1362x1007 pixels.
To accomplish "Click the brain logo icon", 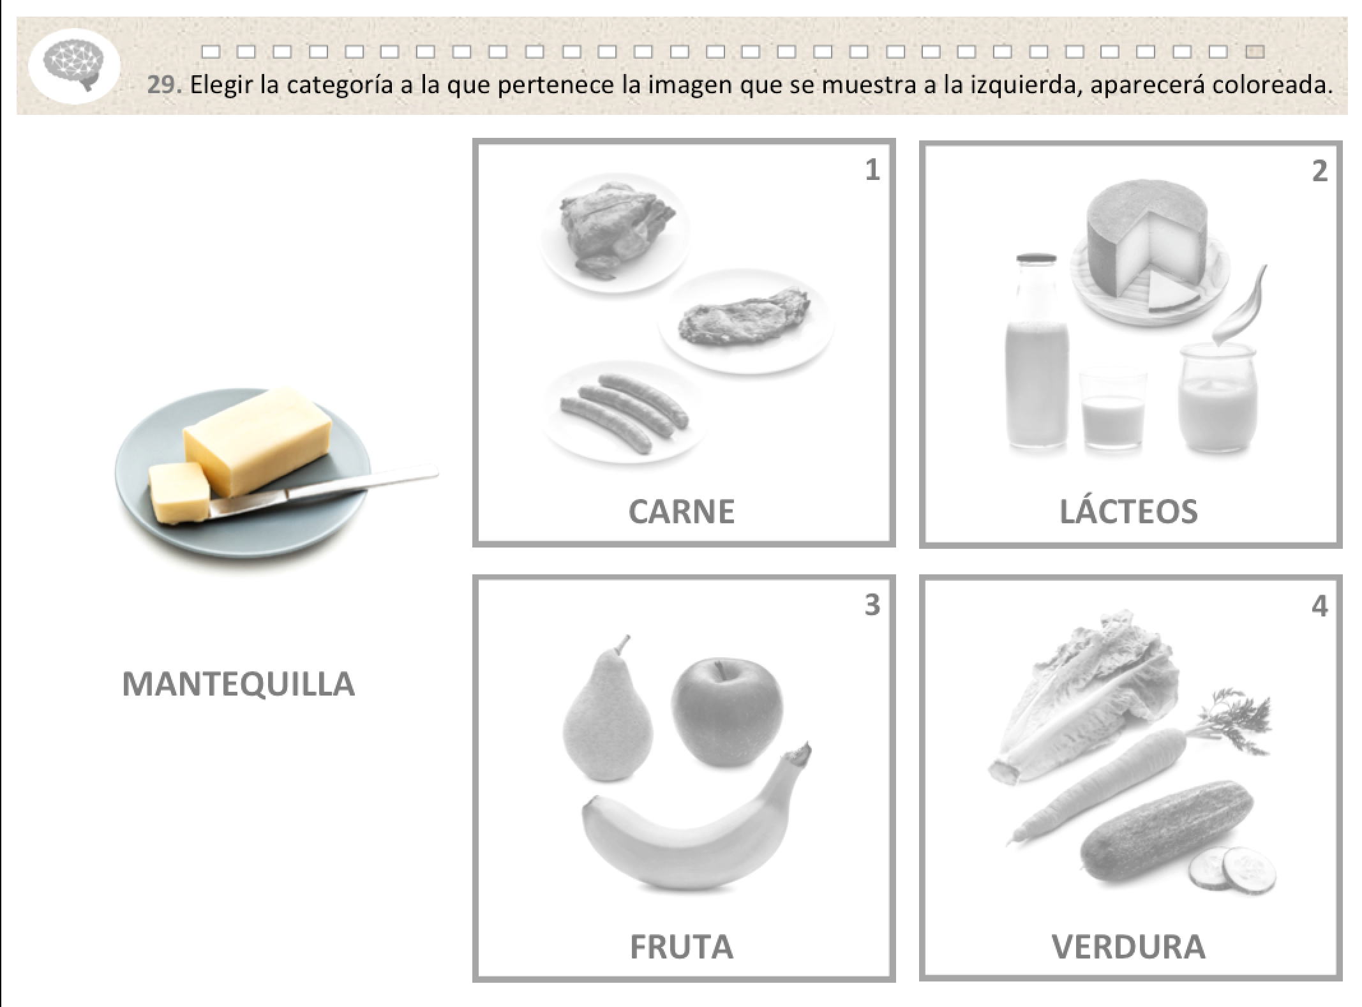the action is click(75, 67).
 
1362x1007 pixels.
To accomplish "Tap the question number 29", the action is click(163, 85).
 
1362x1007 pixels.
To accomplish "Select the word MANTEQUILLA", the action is click(238, 684).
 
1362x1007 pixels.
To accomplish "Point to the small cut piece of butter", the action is click(180, 491).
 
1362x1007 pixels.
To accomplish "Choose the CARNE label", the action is click(682, 512).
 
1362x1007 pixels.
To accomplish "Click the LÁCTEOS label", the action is click(1128, 511).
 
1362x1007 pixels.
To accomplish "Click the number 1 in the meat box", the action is click(872, 170).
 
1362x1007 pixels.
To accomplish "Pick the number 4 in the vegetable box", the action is click(1320, 606).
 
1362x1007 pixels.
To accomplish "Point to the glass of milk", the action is click(1112, 410).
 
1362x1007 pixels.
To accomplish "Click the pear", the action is click(606, 708).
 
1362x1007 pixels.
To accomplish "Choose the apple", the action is click(726, 713).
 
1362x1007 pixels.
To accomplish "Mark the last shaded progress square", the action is click(1255, 52).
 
